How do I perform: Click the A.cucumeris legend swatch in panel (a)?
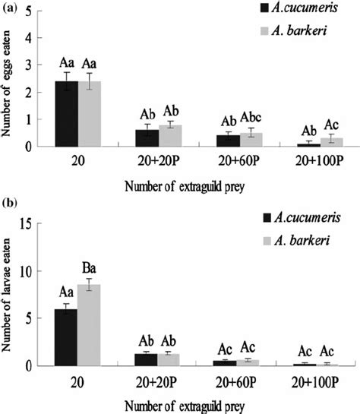264,8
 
